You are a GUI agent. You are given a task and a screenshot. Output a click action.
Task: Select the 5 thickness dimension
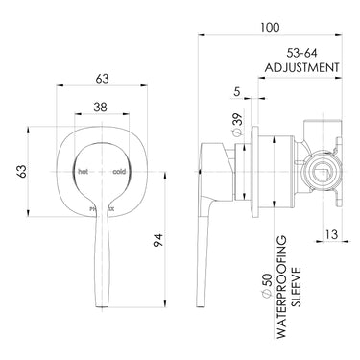[236, 94]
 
